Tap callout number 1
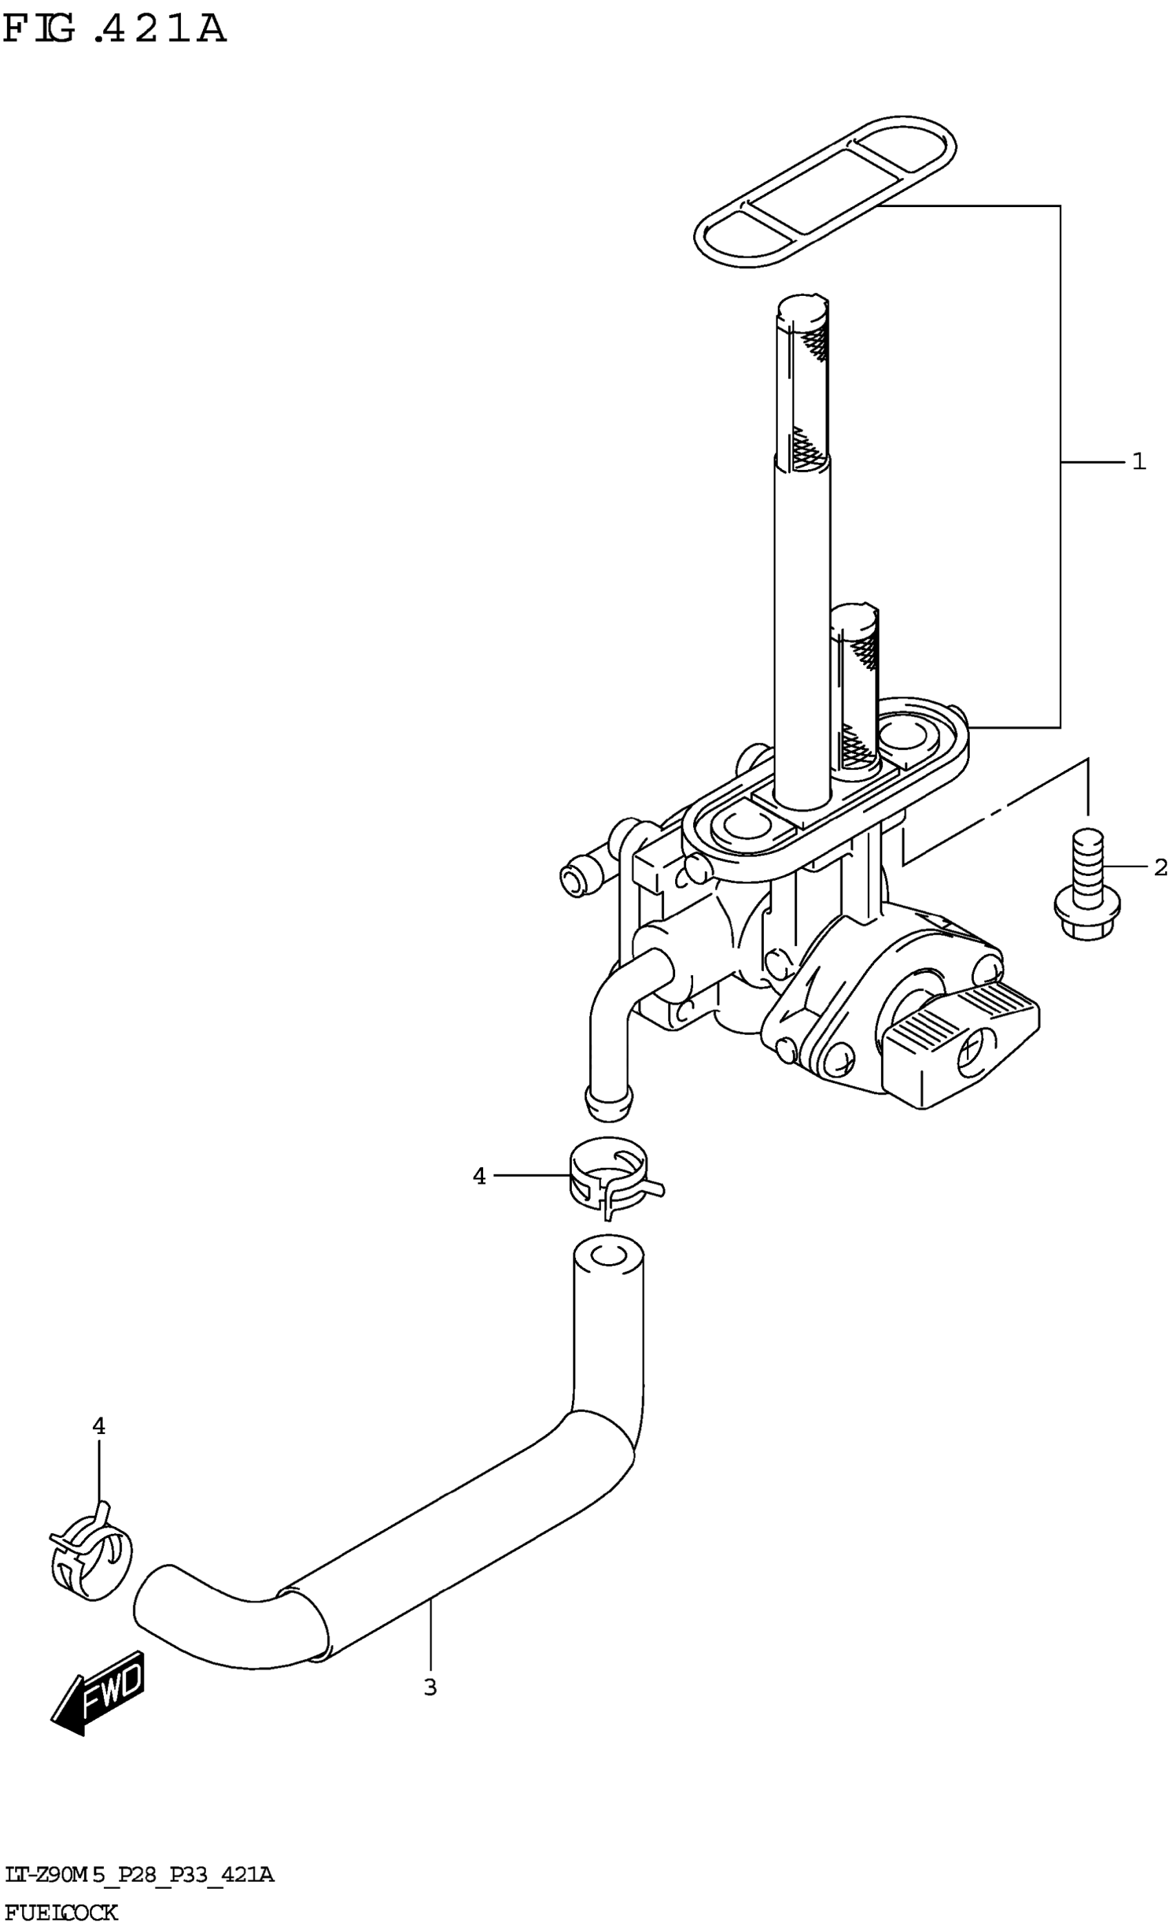click(1139, 462)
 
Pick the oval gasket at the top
click(826, 191)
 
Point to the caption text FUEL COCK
click(61, 1912)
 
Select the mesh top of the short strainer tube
click(855, 625)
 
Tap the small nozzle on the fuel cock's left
click(575, 880)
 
